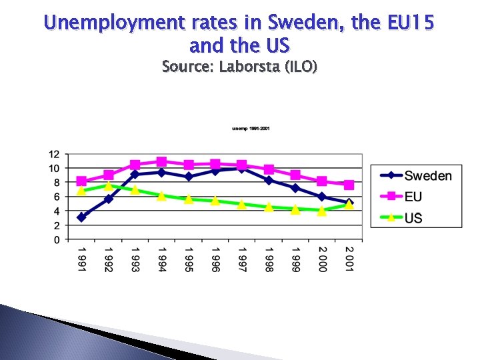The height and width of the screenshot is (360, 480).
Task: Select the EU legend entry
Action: (413, 197)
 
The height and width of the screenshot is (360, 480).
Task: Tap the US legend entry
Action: (413, 217)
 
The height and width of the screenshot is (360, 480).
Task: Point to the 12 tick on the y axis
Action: (54, 154)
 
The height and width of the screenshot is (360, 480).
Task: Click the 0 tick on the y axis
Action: (57, 239)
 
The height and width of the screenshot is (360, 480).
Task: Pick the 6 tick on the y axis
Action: (57, 197)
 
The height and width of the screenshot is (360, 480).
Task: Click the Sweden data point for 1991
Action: (81, 217)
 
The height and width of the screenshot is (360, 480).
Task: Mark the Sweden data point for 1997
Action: (242, 168)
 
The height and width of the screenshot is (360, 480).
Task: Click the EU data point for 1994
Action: (161, 161)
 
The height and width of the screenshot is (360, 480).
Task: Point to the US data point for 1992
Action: (108, 186)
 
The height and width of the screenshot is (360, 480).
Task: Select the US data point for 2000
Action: (322, 210)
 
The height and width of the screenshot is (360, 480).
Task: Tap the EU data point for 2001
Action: (349, 185)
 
